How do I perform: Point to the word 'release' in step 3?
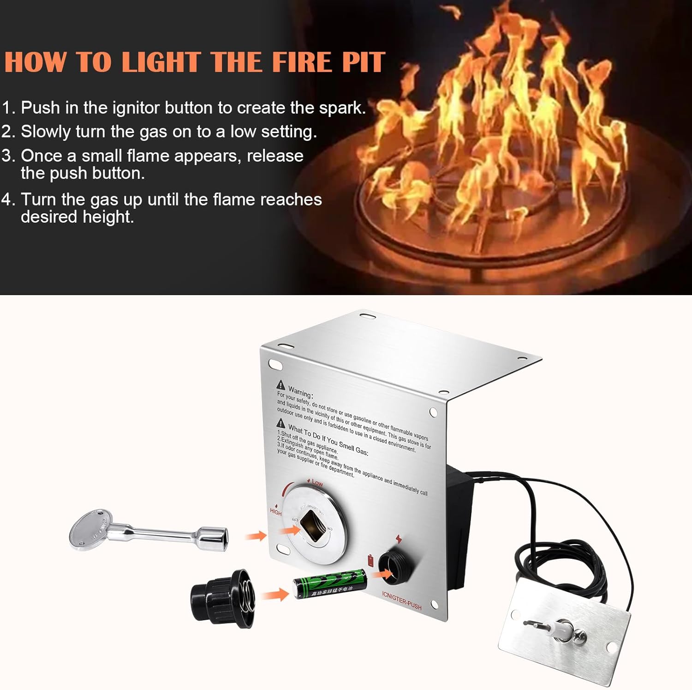click(275, 156)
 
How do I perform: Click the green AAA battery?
click(330, 584)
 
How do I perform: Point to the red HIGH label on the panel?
click(275, 512)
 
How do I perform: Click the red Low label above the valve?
click(317, 483)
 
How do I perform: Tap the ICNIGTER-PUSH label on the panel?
click(401, 600)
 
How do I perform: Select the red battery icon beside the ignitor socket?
click(370, 560)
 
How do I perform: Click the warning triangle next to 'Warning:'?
click(280, 385)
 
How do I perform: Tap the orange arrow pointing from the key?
click(255, 536)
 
